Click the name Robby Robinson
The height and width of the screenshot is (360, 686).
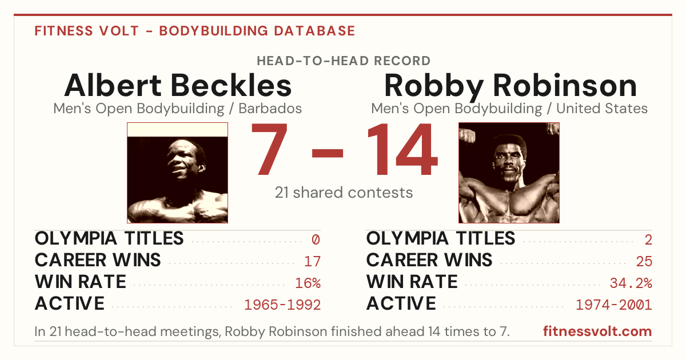[x=510, y=86]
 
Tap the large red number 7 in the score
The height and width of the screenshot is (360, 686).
[x=269, y=149]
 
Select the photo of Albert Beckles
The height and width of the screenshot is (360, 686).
[x=178, y=173]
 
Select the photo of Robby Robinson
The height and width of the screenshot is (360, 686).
[x=509, y=173]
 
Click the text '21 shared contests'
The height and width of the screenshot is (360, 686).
[x=344, y=193]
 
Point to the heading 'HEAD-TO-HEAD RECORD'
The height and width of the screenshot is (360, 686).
[x=344, y=61]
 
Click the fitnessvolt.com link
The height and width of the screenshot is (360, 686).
[x=597, y=331]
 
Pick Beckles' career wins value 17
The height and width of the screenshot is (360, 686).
[x=312, y=262]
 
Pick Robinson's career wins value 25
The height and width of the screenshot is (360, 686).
[x=644, y=262]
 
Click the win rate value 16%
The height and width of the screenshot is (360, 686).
[x=308, y=283]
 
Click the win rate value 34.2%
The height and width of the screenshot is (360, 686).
[x=631, y=283]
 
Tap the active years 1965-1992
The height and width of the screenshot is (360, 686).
[x=282, y=305]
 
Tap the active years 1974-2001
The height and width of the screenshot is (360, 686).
[x=614, y=305]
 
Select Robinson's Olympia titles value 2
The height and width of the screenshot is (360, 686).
[x=648, y=239]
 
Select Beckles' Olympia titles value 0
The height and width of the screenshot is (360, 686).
[x=316, y=239]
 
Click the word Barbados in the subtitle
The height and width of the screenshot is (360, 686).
[x=270, y=109]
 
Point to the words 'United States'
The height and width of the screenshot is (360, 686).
[x=602, y=109]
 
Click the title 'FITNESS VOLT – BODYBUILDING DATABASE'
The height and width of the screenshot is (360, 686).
[x=195, y=31]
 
